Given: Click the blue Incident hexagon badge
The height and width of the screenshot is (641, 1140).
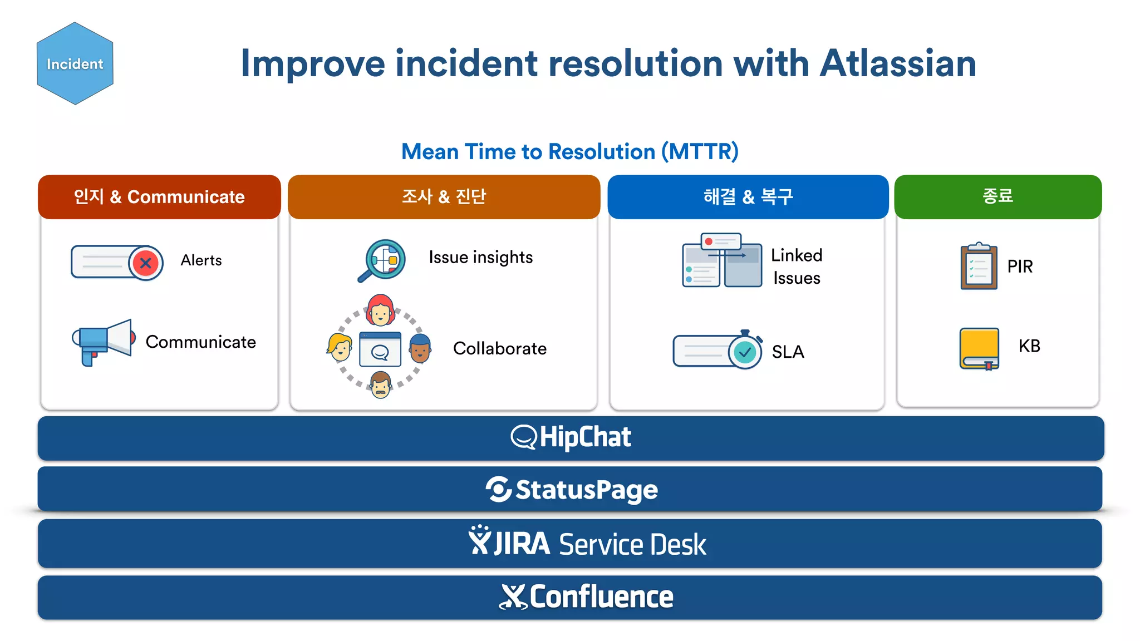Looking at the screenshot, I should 75,63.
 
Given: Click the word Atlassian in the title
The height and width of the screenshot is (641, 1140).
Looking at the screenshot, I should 898,63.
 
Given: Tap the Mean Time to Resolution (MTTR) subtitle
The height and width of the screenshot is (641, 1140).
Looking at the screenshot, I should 569,151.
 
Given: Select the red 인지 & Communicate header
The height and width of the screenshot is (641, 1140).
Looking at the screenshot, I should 159,197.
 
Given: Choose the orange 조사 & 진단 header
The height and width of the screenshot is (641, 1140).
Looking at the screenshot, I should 444,197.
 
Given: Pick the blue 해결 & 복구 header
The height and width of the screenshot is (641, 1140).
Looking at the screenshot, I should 748,197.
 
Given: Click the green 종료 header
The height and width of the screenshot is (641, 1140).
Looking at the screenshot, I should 997,196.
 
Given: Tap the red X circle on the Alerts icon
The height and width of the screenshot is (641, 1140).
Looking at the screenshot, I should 146,263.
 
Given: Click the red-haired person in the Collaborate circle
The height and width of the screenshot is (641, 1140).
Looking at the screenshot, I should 380,311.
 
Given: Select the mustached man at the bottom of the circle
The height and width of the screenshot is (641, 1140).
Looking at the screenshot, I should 381,384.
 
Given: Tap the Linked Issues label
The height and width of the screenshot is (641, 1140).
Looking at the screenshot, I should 797,267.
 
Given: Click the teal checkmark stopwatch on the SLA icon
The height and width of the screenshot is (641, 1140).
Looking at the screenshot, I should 745,351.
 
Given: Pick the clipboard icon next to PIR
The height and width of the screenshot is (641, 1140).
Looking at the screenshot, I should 979,267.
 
